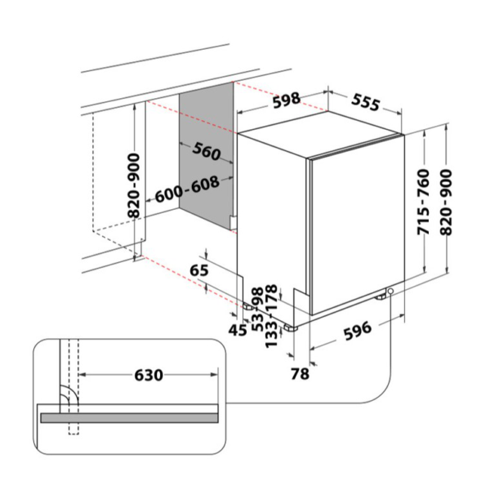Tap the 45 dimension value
pos(238,329)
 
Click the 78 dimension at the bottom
pos(300,374)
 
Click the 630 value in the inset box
pos(149,375)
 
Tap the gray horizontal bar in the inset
pos(131,417)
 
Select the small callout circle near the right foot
pos(392,292)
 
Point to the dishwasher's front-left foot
pos(288,327)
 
